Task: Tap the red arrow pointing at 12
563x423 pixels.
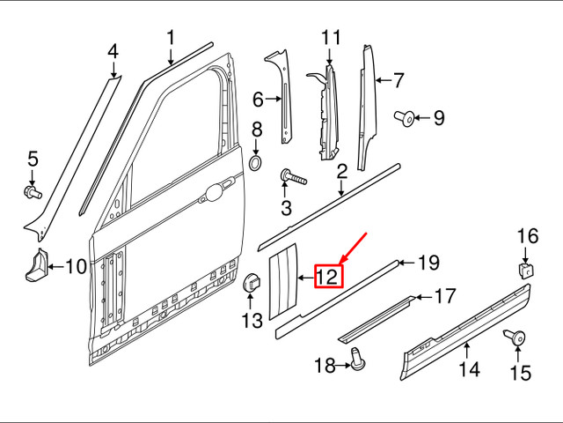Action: click(x=352, y=249)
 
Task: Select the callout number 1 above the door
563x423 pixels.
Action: click(x=171, y=38)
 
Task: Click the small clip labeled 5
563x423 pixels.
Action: click(x=33, y=189)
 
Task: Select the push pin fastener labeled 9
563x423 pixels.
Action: click(x=407, y=116)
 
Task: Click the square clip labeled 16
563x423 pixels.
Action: click(x=524, y=268)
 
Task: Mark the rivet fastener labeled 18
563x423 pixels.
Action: click(x=356, y=358)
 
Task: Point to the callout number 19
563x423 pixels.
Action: click(x=428, y=262)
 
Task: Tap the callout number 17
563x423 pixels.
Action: click(x=446, y=297)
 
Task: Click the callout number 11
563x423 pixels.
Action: click(x=330, y=38)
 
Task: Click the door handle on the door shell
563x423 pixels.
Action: click(x=215, y=189)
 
